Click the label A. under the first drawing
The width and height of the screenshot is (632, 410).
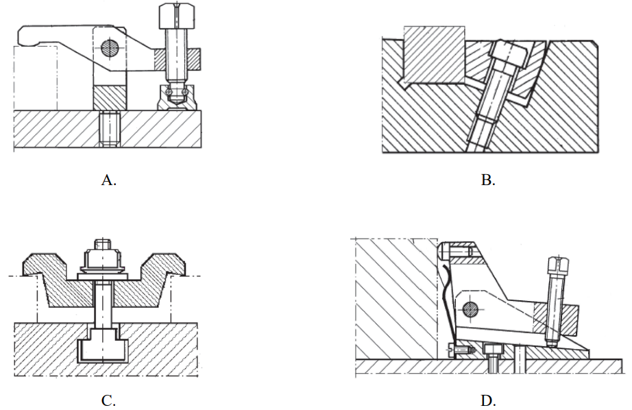tap(109, 180)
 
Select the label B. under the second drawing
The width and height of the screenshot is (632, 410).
tap(488, 180)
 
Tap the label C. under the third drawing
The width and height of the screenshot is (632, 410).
tap(108, 400)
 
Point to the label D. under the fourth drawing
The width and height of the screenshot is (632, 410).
tap(488, 400)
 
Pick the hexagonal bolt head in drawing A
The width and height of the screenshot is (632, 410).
tap(177, 16)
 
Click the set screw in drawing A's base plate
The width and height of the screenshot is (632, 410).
tap(109, 129)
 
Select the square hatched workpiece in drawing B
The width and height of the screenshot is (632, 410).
tap(434, 55)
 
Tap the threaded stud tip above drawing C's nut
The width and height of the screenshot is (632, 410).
tap(102, 244)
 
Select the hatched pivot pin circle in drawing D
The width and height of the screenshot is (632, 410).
tap(470, 310)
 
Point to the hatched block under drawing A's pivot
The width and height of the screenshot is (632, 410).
tap(110, 97)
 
